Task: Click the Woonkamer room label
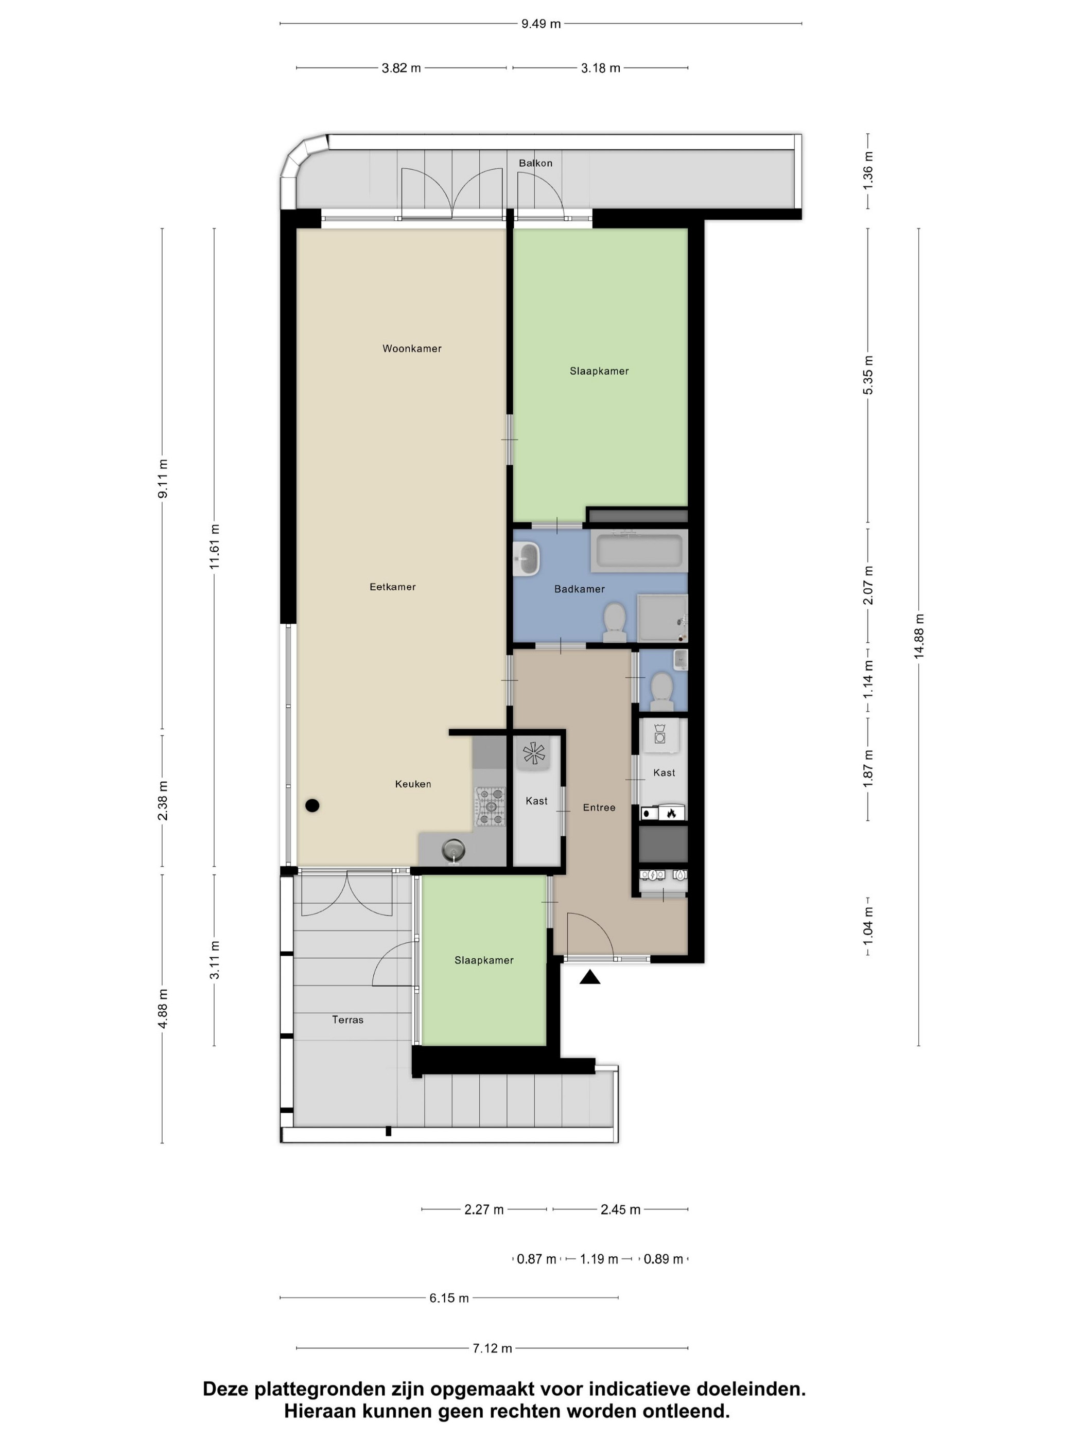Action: tap(412, 348)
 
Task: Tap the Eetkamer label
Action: tap(392, 586)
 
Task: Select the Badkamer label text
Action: tap(579, 589)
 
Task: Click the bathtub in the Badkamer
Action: tap(639, 551)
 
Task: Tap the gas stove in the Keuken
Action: tap(491, 807)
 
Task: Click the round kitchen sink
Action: tap(454, 849)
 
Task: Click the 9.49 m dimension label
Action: tap(541, 24)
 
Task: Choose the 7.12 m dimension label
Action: tap(492, 1348)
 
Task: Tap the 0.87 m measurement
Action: tap(536, 1259)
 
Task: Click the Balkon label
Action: tap(536, 163)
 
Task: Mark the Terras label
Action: tap(348, 1020)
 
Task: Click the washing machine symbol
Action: tap(660, 733)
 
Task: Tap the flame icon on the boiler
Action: tap(671, 813)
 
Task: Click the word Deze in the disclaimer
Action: tap(226, 1390)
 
